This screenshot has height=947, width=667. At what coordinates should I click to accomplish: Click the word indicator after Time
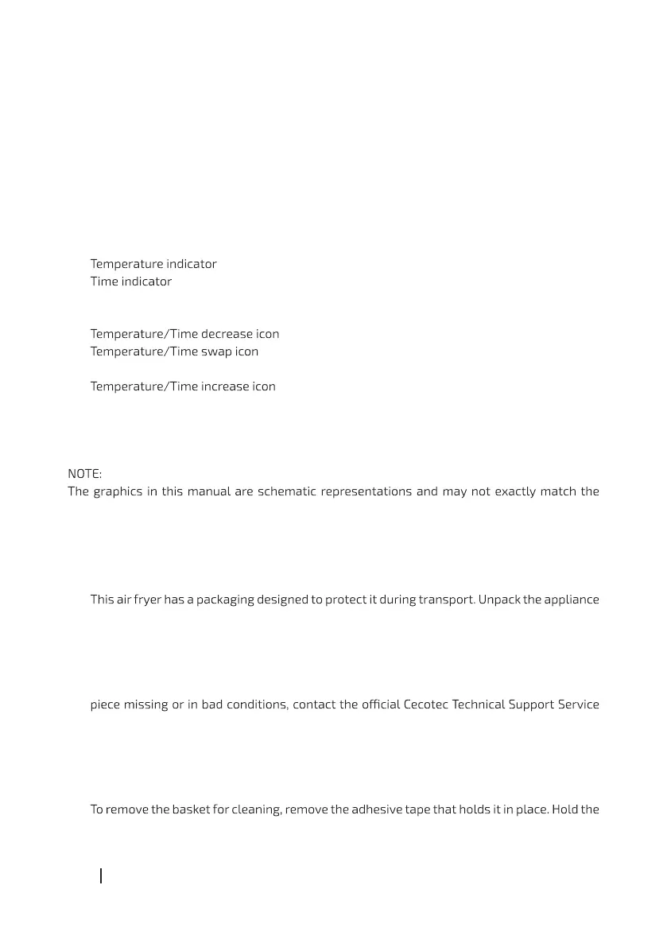pyautogui.click(x=146, y=281)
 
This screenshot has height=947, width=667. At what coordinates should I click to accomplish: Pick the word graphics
pyautogui.click(x=120, y=491)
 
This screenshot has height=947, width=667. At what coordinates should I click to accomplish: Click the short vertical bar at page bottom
pyautogui.click(x=101, y=876)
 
